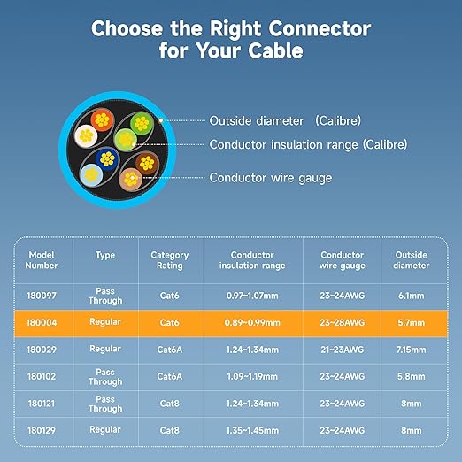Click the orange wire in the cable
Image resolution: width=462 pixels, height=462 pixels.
pyautogui.click(x=102, y=119)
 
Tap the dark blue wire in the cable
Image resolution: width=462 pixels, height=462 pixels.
pyautogui.click(x=107, y=159)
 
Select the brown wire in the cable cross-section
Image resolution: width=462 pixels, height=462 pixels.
pyautogui.click(x=147, y=163)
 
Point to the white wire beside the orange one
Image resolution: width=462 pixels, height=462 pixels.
pyautogui.click(x=86, y=135)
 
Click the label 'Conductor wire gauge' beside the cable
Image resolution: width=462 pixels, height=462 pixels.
pyautogui.click(x=271, y=178)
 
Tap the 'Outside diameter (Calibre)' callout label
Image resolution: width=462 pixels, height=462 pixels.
pyautogui.click(x=285, y=120)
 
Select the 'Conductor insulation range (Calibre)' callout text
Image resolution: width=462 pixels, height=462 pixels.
pyautogui.click(x=308, y=144)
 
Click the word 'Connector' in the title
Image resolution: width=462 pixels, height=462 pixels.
pyautogui.click(x=320, y=28)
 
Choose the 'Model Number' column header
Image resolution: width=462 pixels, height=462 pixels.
pyautogui.click(x=42, y=260)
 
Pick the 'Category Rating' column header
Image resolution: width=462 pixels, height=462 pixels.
pyautogui.click(x=170, y=260)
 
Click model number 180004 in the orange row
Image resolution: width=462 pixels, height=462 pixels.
pyautogui.click(x=42, y=323)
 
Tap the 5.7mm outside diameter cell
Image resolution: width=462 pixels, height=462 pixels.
pyautogui.click(x=412, y=323)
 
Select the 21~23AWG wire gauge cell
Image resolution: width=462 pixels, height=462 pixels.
pyautogui.click(x=343, y=350)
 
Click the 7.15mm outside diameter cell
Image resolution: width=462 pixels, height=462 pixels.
pyautogui.click(x=412, y=350)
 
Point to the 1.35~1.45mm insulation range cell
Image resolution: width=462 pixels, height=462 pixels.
pyautogui.click(x=252, y=431)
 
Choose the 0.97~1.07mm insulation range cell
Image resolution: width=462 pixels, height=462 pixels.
pyautogui.click(x=252, y=296)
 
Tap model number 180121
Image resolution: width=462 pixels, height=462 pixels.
pyautogui.click(x=42, y=404)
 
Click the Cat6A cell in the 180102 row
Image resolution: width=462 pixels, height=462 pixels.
pyautogui.click(x=170, y=376)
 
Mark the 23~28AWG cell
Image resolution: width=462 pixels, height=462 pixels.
pyautogui.click(x=343, y=323)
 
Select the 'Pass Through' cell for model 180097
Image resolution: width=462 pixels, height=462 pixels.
pyautogui.click(x=105, y=296)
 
